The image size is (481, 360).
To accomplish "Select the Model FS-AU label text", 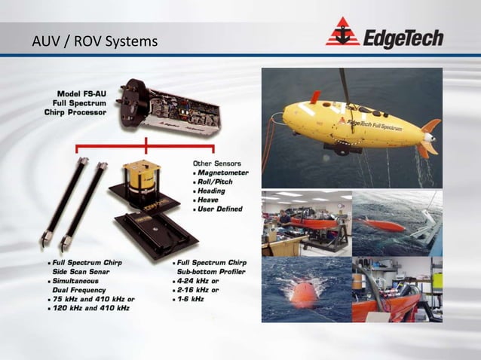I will pos(81,92).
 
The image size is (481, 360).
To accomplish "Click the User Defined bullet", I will pos(220,209).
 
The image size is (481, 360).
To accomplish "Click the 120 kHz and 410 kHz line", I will pos(87,308).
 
